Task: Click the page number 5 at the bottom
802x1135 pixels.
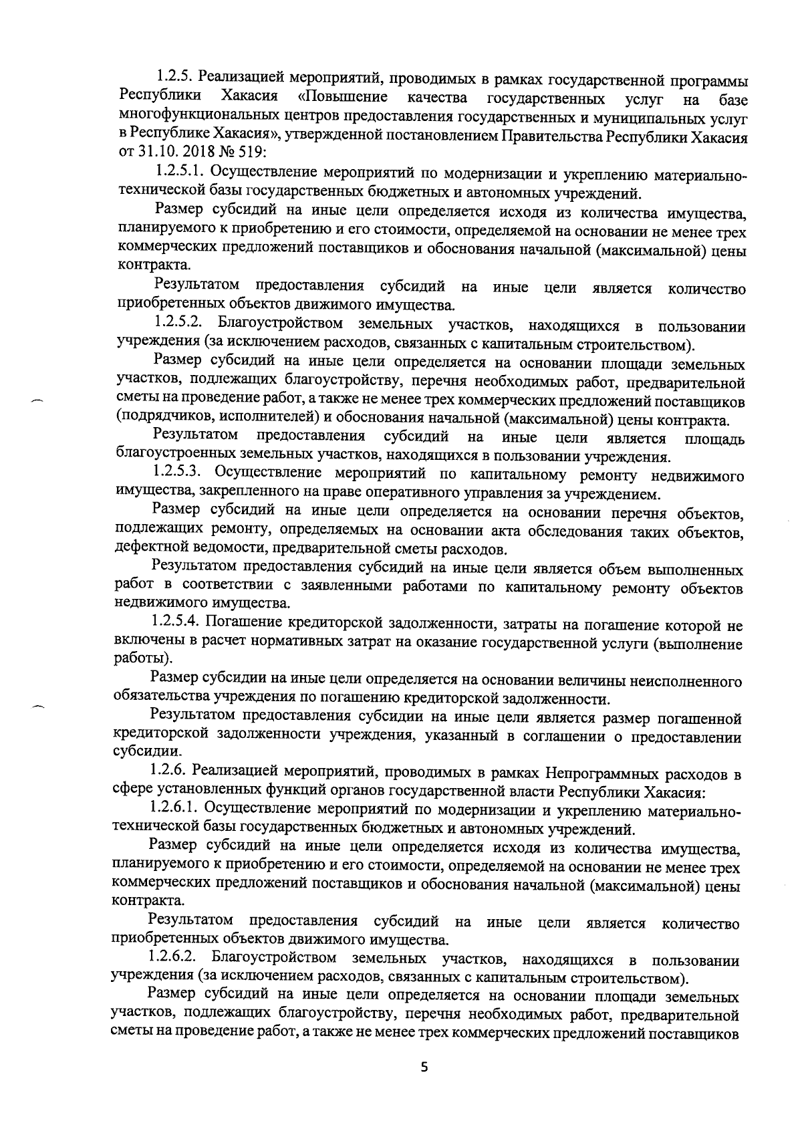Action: click(x=422, y=1067)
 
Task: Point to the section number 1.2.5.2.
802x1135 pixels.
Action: click(x=178, y=326)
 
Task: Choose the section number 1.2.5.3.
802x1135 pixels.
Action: click(x=177, y=475)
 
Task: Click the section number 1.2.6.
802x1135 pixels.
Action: click(x=170, y=774)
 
